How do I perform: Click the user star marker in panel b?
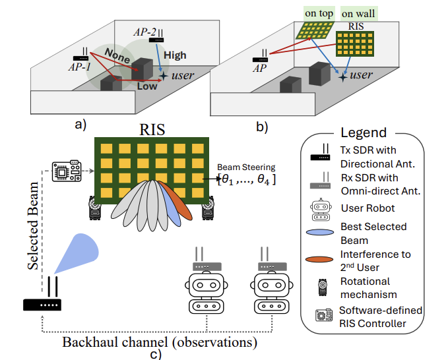[x=343, y=76]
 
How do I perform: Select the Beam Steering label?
[x=251, y=167]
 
